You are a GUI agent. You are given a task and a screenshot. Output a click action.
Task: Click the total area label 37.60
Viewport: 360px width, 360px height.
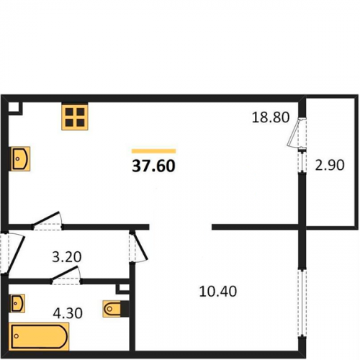tap(153, 166)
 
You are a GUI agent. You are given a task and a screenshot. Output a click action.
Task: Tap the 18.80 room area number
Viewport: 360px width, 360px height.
tap(271, 117)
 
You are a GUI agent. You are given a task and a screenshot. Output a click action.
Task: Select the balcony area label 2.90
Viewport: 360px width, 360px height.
tap(330, 165)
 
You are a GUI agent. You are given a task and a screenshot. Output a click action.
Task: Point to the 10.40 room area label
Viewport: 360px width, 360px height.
tap(218, 292)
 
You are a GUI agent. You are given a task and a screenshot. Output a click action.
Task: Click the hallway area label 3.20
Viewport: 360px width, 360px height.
tap(67, 257)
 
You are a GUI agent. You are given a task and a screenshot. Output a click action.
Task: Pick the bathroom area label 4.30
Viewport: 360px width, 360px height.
tap(68, 313)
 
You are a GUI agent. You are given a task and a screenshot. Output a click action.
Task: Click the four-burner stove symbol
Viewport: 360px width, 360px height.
tap(75, 117)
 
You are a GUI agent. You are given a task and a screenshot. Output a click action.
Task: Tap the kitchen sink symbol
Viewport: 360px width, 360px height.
tap(20, 158)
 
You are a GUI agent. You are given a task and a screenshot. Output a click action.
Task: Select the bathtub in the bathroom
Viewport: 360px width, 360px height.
tap(39, 337)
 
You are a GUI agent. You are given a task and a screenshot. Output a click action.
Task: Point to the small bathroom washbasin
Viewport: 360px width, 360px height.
tap(17, 303)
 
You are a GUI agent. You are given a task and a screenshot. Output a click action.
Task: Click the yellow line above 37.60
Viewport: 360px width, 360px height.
tap(153, 151)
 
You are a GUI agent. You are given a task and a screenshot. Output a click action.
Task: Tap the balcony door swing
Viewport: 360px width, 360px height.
tap(297, 132)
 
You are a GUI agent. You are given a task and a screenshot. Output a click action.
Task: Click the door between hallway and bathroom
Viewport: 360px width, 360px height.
tap(66, 276)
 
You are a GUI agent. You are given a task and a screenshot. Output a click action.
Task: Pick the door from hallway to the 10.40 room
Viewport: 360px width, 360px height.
tap(139, 246)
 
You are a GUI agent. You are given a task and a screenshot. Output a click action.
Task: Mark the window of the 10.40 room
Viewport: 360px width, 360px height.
tap(302, 303)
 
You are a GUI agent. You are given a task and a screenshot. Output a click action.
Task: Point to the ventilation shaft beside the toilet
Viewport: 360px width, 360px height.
tap(123, 289)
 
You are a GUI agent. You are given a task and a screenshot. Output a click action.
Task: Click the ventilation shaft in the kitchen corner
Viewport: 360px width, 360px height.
tap(15, 109)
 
